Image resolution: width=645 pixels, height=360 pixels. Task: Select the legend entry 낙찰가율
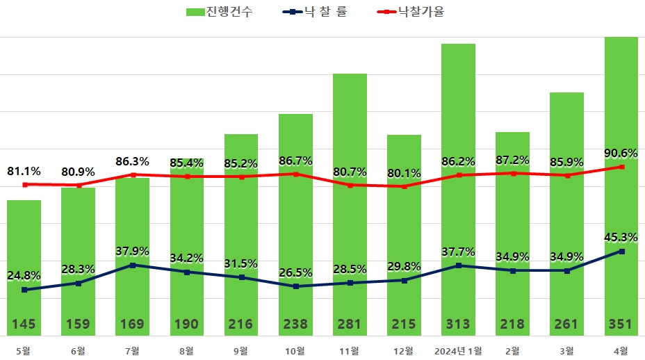[421, 12]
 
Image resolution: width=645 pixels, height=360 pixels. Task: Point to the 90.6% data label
[621, 154]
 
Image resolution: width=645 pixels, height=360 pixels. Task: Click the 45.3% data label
[621, 237]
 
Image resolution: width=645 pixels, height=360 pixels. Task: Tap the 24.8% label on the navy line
[24, 275]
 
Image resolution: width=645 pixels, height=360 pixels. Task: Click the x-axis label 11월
[350, 350]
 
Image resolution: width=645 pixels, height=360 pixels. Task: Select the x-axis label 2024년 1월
[458, 350]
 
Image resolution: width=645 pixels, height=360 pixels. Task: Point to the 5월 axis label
[24, 350]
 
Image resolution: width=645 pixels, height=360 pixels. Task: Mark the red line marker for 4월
[621, 167]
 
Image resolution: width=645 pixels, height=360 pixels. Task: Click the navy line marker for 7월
[133, 265]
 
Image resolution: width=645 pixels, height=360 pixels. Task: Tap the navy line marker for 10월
[295, 286]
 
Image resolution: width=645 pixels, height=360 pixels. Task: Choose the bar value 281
[350, 324]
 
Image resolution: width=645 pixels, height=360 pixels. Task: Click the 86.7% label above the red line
[295, 161]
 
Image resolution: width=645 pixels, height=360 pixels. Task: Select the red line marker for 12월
[404, 186]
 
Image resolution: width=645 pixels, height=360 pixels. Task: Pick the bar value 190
[187, 324]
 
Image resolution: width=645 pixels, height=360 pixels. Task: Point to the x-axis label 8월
[187, 350]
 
